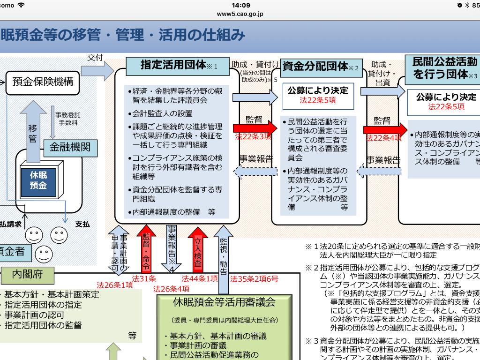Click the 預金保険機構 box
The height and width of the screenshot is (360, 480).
(43, 82)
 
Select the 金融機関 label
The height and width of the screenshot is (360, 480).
(70, 148)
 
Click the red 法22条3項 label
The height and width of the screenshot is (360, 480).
(253, 136)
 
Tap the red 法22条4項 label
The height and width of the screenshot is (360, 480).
(384, 138)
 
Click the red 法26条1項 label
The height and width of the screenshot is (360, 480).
(115, 285)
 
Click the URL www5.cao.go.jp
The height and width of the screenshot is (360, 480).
(240, 14)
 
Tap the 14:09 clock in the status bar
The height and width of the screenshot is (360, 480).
(240, 5)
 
